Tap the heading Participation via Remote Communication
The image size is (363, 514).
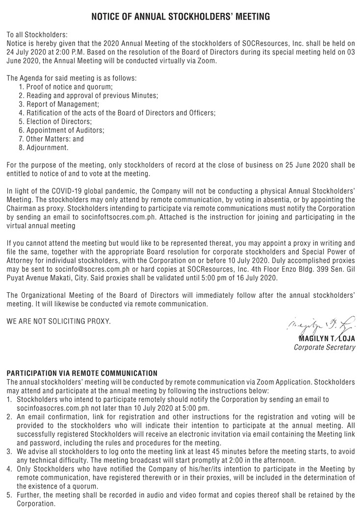point(82,373)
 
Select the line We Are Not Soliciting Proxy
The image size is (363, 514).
point(58,321)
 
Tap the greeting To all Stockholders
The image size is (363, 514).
point(37,35)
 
